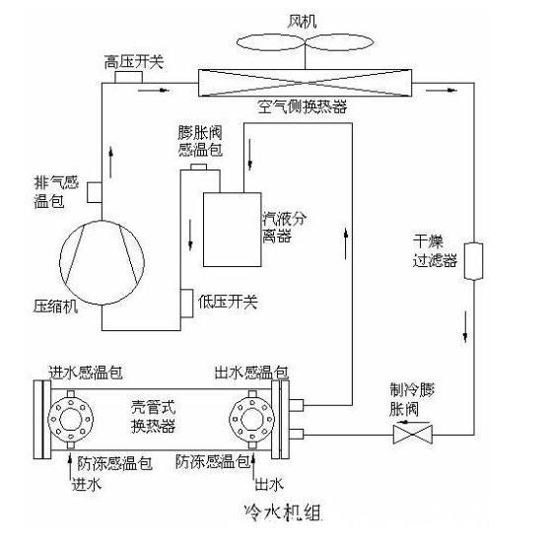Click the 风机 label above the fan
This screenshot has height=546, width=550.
coord(302,21)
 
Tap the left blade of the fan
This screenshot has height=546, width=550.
coord(271,42)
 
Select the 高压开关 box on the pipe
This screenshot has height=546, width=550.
coord(128,77)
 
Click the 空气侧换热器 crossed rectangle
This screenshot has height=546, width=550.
coord(305,83)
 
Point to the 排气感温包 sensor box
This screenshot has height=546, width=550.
coord(95,192)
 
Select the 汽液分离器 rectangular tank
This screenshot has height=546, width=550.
coord(233,230)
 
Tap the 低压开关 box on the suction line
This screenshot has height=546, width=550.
coord(187,304)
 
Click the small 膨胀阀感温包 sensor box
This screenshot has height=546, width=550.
coord(198,167)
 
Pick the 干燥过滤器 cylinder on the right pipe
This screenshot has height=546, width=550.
coord(473,261)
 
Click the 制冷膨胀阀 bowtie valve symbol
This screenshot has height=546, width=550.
coord(413,435)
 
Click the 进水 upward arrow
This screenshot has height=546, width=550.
coord(70,466)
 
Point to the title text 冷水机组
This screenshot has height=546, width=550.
coord(283,512)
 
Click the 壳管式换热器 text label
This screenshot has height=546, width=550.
coord(154,417)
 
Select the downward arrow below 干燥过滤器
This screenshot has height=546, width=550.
coord(465,326)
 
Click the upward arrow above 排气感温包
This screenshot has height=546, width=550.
coord(110,163)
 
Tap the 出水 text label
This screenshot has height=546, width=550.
coord(269,484)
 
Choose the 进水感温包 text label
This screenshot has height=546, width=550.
coord(86,373)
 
